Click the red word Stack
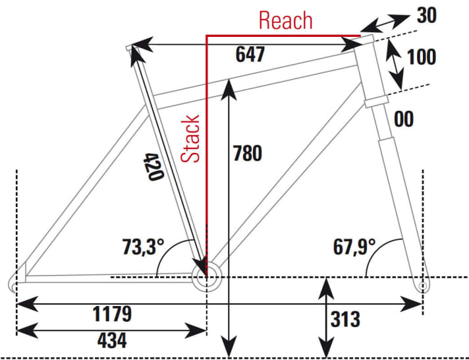(x=191, y=139)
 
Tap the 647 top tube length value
(x=250, y=55)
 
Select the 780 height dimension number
(x=248, y=153)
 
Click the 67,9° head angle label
(x=354, y=247)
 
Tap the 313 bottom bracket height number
(x=345, y=320)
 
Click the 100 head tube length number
(x=422, y=57)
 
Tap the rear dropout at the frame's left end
(x=16, y=282)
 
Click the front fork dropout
(x=423, y=285)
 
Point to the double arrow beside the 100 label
(x=395, y=63)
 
